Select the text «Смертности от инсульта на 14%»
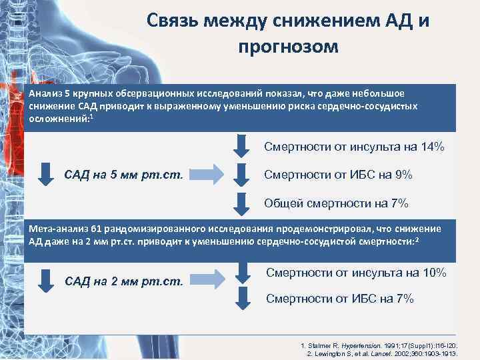coord(354,147)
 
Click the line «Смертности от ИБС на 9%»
coord(338,175)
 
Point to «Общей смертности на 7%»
coord(336,203)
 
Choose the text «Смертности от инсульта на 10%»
coord(356,273)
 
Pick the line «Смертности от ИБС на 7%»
coord(339,299)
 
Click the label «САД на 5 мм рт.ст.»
coord(127,175)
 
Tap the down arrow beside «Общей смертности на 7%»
coord(241,203)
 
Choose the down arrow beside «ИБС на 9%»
coord(241,175)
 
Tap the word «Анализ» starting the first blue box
coord(45,93)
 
